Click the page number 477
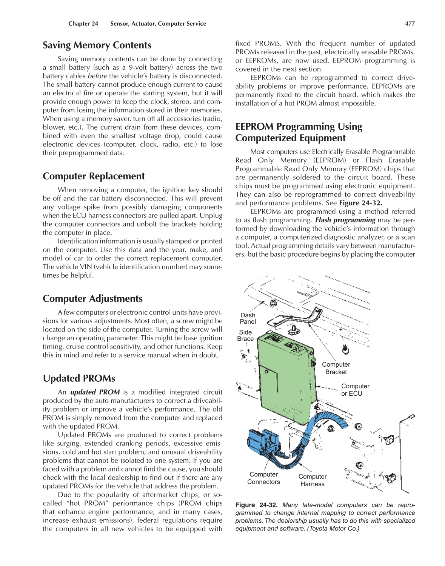click(410, 24)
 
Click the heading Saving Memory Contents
click(97, 45)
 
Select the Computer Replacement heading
click(94, 176)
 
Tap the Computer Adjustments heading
click(92, 299)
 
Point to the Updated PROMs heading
click(79, 378)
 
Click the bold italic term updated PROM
click(95, 392)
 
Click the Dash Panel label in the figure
click(248, 318)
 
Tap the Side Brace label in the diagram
click(245, 335)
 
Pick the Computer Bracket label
click(336, 368)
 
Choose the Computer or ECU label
click(355, 390)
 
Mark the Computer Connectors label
click(263, 478)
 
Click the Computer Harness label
click(313, 480)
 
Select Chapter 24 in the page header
click(83, 24)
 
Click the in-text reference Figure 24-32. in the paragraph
click(360, 203)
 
